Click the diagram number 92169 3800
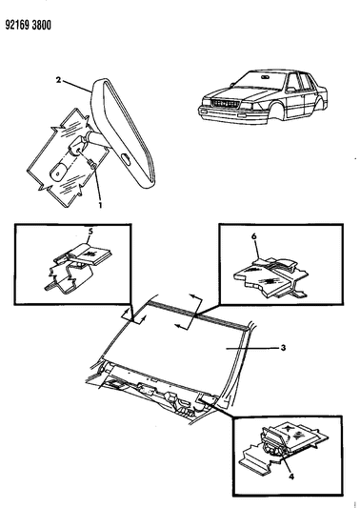coord(29,26)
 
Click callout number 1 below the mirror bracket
coord(101,205)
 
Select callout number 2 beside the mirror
coord(58,80)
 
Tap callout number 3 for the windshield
coord(283,348)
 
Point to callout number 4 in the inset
coord(291,477)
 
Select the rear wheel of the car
coord(318,103)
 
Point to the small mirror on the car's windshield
coord(265,77)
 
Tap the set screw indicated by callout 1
coord(92,165)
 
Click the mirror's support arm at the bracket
coord(97,138)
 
